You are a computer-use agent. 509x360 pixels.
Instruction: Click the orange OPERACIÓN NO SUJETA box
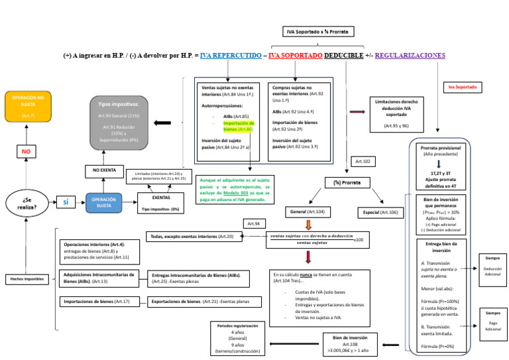tap(28, 106)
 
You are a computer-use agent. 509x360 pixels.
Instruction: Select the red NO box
tap(27, 152)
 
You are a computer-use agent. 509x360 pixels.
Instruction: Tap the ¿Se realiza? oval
tap(26, 203)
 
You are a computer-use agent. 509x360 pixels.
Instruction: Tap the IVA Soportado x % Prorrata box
tap(317, 32)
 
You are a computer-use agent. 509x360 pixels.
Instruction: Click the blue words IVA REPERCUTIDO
tap(231, 56)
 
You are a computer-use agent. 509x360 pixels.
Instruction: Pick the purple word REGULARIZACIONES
tap(410, 56)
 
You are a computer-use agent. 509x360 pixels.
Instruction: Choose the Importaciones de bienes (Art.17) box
tap(96, 302)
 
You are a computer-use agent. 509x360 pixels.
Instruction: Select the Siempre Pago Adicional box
tap(492, 321)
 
